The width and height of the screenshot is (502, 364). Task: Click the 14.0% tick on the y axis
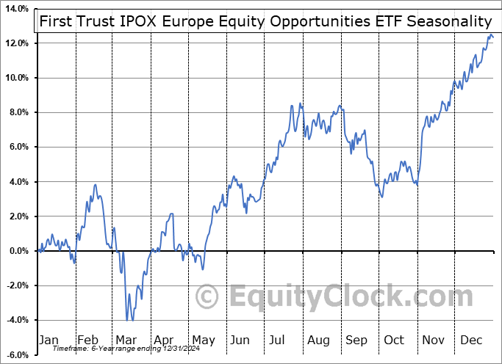coord(15,9)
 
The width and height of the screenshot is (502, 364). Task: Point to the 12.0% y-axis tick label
coord(15,43)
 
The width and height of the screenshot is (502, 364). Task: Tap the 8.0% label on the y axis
coord(17,112)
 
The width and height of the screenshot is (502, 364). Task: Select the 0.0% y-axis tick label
coord(17,251)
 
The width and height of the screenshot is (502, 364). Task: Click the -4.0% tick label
coord(15,320)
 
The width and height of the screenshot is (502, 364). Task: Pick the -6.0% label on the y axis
coord(15,355)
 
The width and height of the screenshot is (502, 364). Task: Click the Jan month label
coord(48,340)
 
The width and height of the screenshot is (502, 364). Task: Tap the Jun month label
coord(240,340)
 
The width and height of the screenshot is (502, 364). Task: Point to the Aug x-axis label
coord(319,340)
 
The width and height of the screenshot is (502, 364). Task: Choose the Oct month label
coord(395,340)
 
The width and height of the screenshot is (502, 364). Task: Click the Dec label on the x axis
coord(472,340)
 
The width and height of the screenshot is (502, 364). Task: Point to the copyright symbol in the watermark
coord(207,297)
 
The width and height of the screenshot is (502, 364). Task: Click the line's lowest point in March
coord(127,320)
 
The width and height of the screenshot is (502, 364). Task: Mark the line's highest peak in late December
coord(490,35)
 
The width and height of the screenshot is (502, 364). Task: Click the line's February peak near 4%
coord(94,185)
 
